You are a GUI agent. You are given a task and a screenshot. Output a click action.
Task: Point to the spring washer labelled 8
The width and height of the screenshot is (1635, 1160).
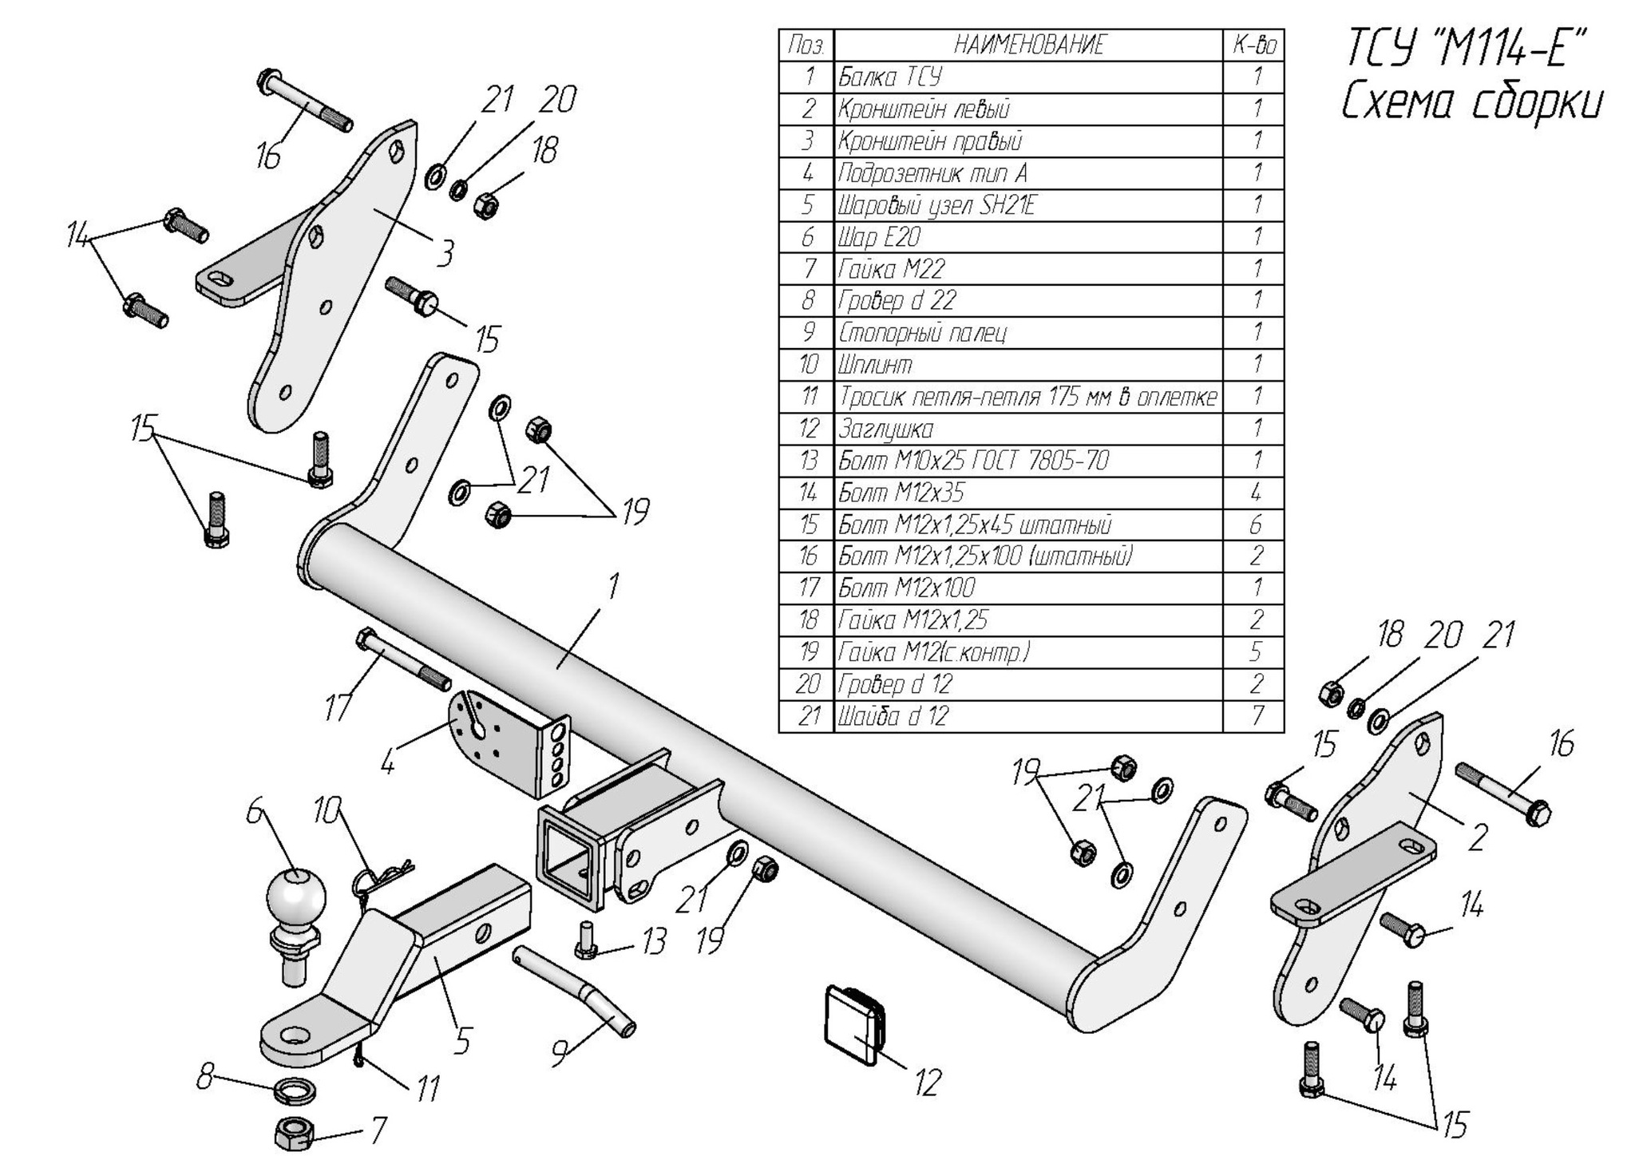pyautogui.click(x=294, y=1088)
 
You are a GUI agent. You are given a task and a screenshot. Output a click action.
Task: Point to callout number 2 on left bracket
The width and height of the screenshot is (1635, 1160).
pyautogui.click(x=1477, y=837)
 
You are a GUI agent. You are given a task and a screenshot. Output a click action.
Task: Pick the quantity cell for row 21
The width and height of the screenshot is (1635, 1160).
pyautogui.click(x=1256, y=716)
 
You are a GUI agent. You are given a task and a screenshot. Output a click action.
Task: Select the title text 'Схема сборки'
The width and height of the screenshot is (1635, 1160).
pyautogui.click(x=1471, y=104)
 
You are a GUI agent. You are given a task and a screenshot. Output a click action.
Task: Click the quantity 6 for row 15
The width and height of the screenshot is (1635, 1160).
pyautogui.click(x=1256, y=525)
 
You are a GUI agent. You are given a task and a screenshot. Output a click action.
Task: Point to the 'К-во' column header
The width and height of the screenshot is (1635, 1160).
pyautogui.click(x=1256, y=45)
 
